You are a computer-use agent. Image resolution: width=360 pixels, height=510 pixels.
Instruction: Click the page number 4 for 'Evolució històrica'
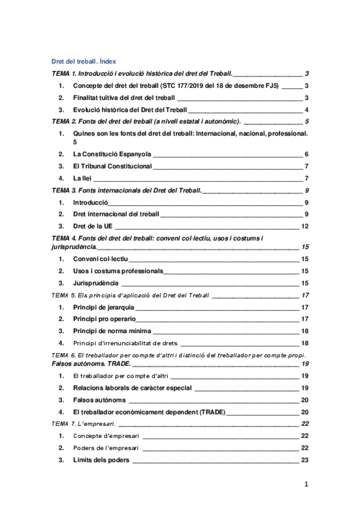[307, 109]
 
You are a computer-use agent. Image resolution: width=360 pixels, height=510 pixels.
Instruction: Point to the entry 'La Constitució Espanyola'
[112, 154]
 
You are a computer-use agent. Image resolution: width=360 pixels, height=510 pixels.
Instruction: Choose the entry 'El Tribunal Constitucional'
[117, 166]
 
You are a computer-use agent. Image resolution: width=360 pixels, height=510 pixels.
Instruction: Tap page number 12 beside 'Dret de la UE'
[305, 226]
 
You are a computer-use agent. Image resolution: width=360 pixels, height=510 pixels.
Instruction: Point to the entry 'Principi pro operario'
[105, 319]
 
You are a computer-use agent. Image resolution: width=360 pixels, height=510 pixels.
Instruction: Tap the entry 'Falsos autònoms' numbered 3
[99, 399]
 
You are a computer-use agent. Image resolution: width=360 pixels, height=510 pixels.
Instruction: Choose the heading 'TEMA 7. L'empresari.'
[85, 424]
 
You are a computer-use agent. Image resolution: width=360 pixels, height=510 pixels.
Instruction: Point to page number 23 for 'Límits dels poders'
[305, 461]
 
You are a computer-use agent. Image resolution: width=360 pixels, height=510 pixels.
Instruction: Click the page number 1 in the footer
[306, 484]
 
